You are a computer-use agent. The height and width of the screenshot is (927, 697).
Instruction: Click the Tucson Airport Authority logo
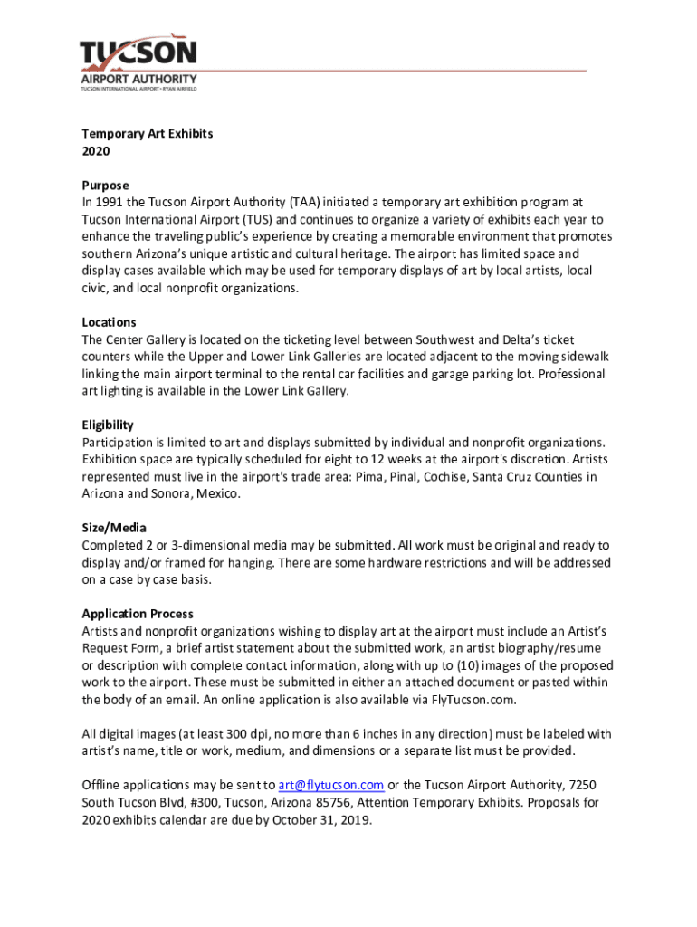tap(138, 63)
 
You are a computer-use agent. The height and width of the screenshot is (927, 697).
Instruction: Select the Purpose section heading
tap(106, 186)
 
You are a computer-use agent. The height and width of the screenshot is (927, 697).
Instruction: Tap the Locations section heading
tap(110, 322)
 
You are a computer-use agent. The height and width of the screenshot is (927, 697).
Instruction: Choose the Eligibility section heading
tap(108, 425)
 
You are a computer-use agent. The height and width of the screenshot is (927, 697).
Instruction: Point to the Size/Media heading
tap(114, 528)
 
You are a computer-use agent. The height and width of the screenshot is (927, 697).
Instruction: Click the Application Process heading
tap(138, 614)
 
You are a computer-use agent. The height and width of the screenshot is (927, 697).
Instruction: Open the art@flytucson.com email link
tap(331, 785)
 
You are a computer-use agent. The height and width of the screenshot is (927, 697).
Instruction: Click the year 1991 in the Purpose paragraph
tap(111, 203)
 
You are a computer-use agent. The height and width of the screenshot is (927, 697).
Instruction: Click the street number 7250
tap(579, 785)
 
